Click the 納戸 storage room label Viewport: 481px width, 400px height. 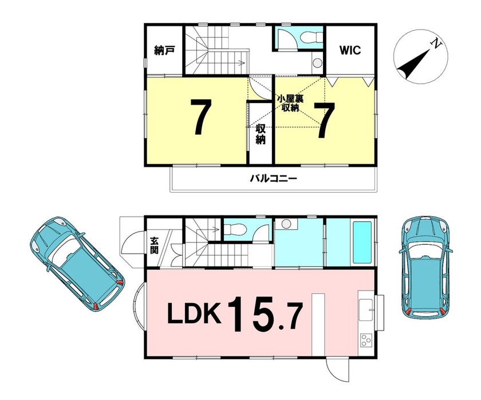pos(164,50)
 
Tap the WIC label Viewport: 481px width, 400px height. pos(350,50)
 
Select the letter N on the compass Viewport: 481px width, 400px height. pos(436,44)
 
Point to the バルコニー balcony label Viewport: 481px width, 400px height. pos(274,178)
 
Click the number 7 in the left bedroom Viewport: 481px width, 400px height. pos(201,117)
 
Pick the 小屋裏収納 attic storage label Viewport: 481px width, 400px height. pos(290,104)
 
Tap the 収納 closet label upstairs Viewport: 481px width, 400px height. pos(261,134)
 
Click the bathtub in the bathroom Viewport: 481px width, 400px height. pos(362,242)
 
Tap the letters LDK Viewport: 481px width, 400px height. pos(194,313)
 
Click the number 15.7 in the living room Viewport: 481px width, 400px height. pos(266,313)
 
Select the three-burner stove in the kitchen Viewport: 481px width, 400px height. pos(366,340)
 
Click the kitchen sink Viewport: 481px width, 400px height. pos(366,309)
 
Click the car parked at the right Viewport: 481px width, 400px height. pos(426,268)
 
